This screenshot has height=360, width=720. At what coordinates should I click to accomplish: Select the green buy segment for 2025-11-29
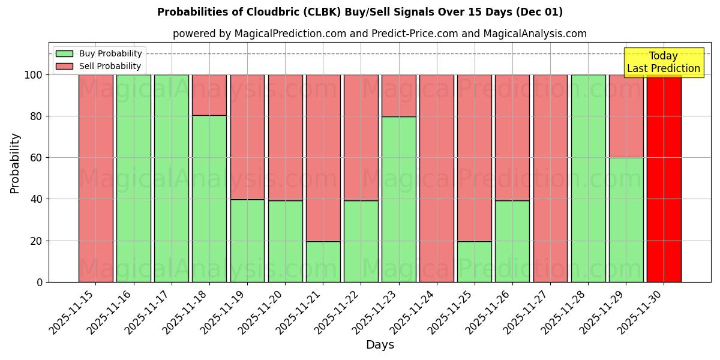point(626,220)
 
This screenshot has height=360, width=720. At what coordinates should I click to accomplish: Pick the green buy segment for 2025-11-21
point(323,262)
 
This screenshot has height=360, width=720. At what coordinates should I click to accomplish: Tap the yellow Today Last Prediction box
point(664,62)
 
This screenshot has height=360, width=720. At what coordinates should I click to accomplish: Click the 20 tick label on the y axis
point(36,241)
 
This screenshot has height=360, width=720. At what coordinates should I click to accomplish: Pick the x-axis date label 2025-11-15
point(72,317)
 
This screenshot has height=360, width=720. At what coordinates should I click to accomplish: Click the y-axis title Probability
point(15,163)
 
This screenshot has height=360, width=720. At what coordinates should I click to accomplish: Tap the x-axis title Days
point(380,345)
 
